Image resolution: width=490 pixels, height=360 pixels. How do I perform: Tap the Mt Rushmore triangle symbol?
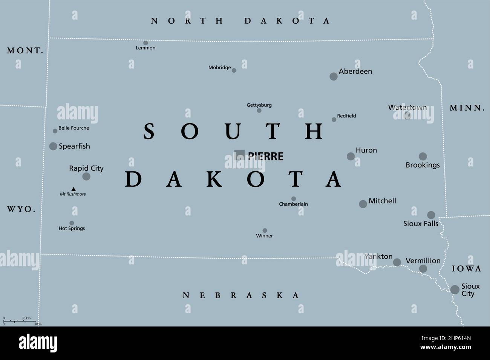(x=73, y=189)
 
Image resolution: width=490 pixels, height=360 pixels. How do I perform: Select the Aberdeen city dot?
(x=334, y=76)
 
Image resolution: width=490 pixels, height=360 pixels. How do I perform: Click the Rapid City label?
(x=86, y=168)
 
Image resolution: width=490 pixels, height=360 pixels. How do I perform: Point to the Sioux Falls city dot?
(x=431, y=215)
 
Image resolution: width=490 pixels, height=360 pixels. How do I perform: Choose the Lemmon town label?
(x=145, y=48)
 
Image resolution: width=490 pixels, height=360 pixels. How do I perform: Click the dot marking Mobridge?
(x=234, y=70)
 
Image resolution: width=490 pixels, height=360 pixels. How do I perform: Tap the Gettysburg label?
(x=259, y=105)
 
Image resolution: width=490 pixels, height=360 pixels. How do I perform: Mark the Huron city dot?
(x=351, y=156)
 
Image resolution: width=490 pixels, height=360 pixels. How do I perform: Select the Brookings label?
(x=423, y=165)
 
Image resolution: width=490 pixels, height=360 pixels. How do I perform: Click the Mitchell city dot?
(x=363, y=204)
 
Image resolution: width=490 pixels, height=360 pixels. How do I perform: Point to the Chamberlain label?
(x=293, y=204)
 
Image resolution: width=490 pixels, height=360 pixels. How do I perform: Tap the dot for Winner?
(x=265, y=230)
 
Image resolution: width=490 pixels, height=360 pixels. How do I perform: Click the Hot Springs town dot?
(x=72, y=223)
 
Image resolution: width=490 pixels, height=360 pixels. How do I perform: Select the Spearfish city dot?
(x=53, y=146)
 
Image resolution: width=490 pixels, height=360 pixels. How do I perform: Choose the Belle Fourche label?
(x=74, y=128)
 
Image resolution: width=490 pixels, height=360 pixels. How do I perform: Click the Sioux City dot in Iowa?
(x=455, y=290)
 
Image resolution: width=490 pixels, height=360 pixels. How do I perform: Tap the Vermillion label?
(x=423, y=261)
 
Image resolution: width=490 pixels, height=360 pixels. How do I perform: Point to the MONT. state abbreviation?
(x=25, y=50)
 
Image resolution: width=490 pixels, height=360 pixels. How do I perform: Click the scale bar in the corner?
(x=21, y=321)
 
